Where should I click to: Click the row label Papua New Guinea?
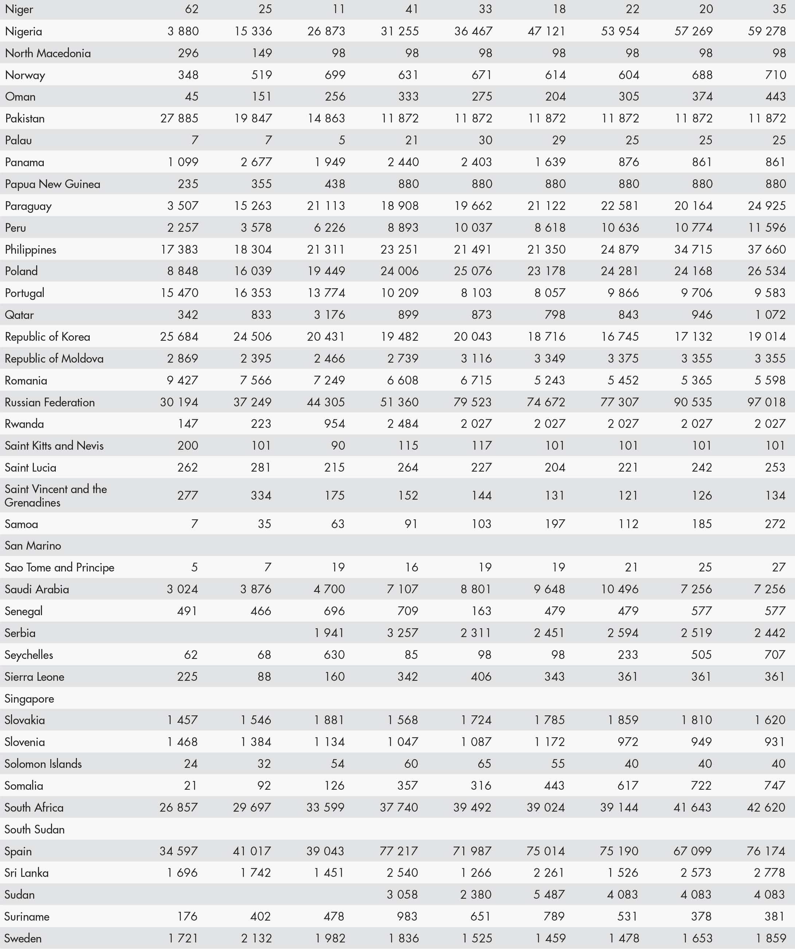pos(52,184)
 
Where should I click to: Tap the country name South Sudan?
pos(34,829)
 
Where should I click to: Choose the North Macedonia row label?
pos(47,53)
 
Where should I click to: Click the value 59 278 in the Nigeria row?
pos(767,31)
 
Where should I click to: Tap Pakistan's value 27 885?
pos(179,118)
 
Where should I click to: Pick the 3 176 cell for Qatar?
pos(330,315)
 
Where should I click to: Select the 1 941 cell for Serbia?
pos(329,633)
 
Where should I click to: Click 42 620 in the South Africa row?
pos(766,808)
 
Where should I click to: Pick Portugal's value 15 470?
pos(179,293)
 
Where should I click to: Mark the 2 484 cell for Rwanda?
pos(402,424)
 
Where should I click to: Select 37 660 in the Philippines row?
pos(767,249)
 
